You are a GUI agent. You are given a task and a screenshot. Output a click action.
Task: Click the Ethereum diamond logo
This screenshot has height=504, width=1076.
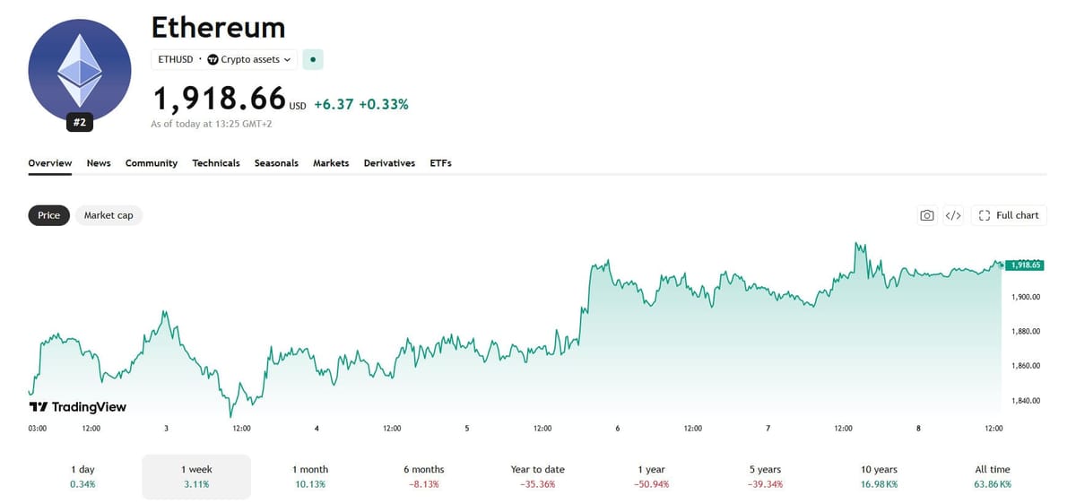click(80, 70)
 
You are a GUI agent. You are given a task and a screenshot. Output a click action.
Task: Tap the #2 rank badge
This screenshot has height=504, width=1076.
click(80, 123)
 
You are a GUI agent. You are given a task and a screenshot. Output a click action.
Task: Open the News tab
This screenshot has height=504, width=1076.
click(99, 163)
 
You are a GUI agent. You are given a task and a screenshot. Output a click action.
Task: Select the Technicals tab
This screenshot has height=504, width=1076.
click(216, 163)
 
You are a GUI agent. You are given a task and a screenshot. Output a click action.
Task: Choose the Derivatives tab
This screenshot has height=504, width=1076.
click(389, 163)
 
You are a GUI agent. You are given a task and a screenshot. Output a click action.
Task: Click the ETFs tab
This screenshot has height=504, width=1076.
click(440, 163)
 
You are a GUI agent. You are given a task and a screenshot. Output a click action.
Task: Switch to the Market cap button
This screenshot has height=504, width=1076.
click(108, 215)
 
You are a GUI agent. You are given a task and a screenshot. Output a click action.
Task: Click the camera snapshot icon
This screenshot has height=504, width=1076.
click(927, 215)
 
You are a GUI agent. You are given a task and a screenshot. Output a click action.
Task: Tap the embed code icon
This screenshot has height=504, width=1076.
click(953, 215)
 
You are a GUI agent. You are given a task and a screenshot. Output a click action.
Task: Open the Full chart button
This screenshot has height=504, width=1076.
click(1009, 215)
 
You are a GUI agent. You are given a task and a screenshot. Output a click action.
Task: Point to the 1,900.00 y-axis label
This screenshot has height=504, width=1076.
click(1026, 297)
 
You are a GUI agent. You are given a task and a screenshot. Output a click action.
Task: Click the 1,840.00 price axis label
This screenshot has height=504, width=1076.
click(1026, 401)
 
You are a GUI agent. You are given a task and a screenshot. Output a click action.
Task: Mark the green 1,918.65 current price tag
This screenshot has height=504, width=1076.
click(1025, 265)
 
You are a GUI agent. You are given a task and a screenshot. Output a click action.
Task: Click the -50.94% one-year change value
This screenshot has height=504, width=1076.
click(651, 484)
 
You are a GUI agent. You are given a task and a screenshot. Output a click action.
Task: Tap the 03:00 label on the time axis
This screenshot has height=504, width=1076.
click(38, 428)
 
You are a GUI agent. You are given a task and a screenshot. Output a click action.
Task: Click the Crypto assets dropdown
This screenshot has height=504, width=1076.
click(249, 59)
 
